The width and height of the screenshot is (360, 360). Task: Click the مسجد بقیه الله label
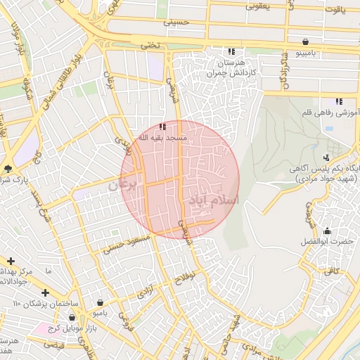click(x=162, y=138)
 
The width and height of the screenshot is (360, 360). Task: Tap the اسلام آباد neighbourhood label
click(x=213, y=200)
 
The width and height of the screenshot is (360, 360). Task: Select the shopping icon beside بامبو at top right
click(x=304, y=41)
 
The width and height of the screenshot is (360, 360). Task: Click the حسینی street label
click(x=177, y=22)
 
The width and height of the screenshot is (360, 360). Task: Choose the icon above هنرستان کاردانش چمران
click(x=231, y=51)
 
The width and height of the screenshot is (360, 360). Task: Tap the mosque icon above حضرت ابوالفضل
click(x=327, y=231)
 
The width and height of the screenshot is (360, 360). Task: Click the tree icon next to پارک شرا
click(x=8, y=168)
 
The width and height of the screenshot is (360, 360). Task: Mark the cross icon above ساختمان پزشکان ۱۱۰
click(x=45, y=292)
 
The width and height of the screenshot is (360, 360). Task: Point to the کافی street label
click(x=331, y=270)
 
